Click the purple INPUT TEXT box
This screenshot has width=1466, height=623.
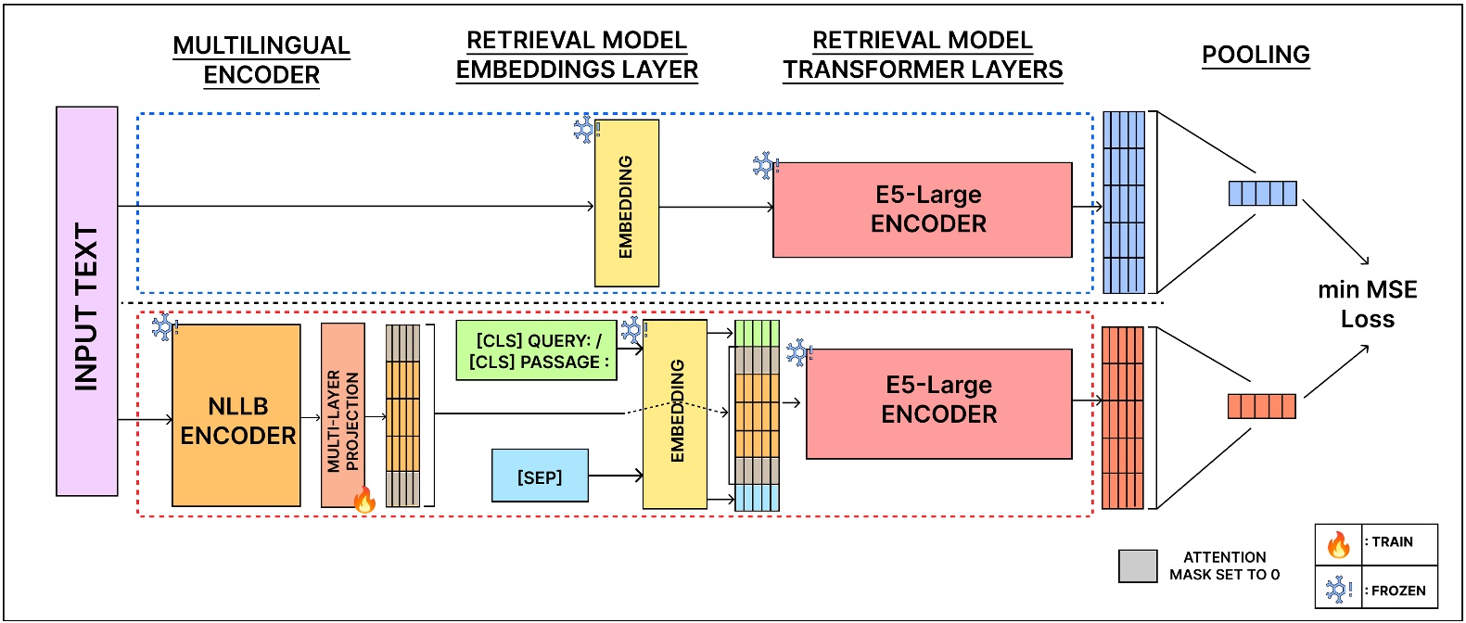pos(87,301)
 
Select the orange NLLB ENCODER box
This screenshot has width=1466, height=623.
pos(236,415)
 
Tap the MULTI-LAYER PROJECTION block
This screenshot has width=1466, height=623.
pos(342,415)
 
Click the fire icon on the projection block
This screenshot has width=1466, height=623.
pos(364,500)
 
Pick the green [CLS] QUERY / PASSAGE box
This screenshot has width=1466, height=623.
pos(537,350)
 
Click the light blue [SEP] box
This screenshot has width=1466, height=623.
pos(540,476)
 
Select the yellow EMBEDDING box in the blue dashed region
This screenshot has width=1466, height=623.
pos(627,203)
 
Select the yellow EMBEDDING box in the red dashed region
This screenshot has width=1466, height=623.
pos(675,414)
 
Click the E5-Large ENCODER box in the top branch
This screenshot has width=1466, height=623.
pos(923,210)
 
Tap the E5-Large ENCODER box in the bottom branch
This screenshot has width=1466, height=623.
pos(938,403)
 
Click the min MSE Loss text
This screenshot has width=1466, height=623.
pos(1367,304)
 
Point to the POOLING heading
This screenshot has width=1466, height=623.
pos(1256,55)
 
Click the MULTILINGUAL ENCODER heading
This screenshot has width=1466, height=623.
pos(261,60)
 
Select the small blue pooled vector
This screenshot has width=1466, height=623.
pos(1262,193)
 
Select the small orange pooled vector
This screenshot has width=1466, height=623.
pos(1261,406)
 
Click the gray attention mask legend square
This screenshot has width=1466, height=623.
pos(1138,566)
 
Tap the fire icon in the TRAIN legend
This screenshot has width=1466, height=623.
pos(1338,544)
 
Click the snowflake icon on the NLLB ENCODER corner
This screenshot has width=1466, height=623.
pos(165,326)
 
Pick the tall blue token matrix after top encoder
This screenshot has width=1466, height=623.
pos(1124,202)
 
